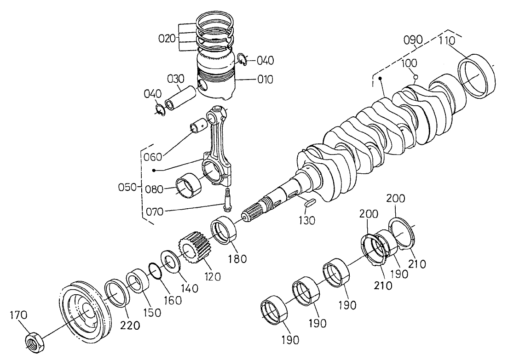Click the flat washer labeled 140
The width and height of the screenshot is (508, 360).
pyautogui.click(x=170, y=262)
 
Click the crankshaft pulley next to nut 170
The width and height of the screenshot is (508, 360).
pyautogui.click(x=86, y=313)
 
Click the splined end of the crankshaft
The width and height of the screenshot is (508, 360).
pyautogui.click(x=252, y=213)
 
